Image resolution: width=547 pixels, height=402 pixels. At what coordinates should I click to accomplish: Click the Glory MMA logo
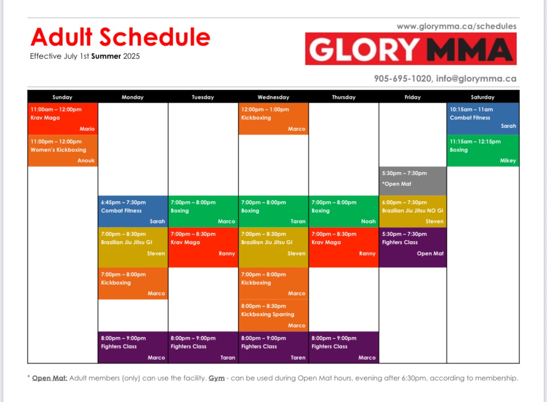point(410,49)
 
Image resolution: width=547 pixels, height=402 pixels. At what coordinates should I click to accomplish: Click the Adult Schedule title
point(121,37)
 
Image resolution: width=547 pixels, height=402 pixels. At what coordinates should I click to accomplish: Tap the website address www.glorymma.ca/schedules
point(457,26)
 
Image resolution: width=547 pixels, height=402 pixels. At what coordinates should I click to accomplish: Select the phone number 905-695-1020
point(403,78)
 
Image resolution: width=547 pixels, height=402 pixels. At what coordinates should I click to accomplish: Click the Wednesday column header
point(273,97)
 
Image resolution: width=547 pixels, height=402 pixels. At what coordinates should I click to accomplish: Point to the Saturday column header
point(482,97)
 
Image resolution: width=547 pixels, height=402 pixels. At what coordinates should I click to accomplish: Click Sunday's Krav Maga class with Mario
point(63,119)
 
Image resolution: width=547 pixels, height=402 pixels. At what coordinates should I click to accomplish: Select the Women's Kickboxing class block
point(63,150)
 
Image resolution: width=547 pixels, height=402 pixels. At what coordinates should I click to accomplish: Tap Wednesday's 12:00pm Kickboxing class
point(273,119)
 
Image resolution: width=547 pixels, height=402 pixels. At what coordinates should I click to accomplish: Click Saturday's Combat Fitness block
point(483,119)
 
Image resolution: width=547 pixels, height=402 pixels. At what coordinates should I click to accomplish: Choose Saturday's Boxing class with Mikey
point(483,150)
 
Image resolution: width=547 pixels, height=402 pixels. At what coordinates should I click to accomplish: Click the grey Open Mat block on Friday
point(413,181)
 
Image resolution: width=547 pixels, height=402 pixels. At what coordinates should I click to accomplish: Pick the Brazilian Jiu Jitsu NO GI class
point(413,212)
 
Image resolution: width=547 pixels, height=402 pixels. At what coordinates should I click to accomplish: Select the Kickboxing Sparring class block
point(273,315)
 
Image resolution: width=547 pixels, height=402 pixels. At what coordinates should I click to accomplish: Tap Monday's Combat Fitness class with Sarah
point(133,212)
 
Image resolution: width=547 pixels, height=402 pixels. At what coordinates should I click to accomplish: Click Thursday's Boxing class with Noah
point(344,212)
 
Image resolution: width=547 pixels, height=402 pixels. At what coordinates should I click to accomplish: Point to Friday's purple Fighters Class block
point(413,247)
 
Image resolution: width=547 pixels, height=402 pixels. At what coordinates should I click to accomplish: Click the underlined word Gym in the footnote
point(217,378)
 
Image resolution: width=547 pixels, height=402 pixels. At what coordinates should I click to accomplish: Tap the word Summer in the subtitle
point(106,56)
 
